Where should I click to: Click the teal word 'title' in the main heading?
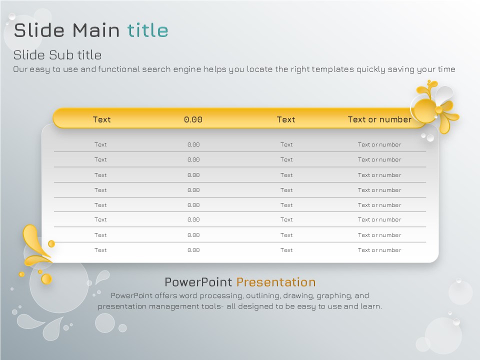147,30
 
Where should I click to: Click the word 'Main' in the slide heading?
96,30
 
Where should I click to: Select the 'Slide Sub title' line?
57,55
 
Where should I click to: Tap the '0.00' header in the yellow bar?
193,119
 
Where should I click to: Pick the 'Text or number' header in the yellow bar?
379,119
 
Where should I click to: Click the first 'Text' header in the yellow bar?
101,119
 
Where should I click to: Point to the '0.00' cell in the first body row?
193,144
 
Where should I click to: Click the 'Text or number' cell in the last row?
379,250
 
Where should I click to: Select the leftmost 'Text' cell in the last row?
100,250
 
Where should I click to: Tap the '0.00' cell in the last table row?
193,250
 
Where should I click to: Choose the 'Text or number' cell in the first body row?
379,144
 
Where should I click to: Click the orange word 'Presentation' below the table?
276,282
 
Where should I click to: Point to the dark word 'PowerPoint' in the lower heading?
198,282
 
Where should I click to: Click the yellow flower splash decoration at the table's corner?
435,106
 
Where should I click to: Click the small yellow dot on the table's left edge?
51,243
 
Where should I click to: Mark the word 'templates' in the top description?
333,69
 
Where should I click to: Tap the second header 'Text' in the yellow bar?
286,119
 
